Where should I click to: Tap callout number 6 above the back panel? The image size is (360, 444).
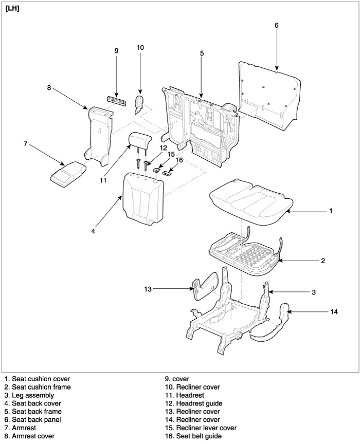point(276,25)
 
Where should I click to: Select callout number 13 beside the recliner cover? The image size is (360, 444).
point(148,289)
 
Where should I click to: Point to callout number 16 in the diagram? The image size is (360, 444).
point(179,160)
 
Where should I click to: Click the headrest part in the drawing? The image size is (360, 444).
point(140,140)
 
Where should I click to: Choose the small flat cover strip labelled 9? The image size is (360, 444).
point(116,100)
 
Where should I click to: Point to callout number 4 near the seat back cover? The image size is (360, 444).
point(93,231)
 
